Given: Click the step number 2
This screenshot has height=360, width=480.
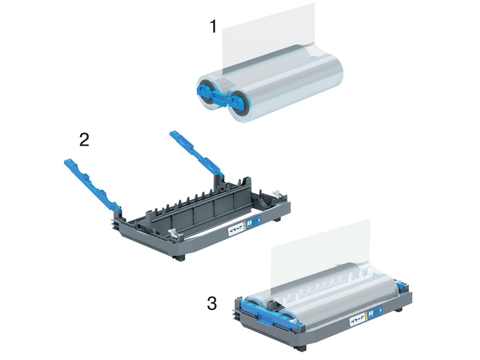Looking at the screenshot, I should [x=84, y=140].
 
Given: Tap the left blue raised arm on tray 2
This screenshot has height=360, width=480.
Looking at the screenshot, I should [x=90, y=182].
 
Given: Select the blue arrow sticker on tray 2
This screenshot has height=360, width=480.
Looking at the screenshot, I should [x=254, y=221].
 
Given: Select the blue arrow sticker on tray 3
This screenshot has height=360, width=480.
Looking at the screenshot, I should [x=376, y=310].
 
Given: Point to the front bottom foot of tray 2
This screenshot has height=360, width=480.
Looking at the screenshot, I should [x=180, y=258].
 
